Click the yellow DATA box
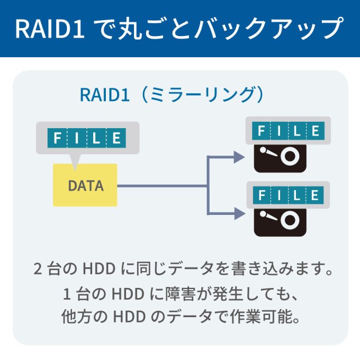[85, 185]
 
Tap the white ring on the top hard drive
[290, 156]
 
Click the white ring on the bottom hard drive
[290, 219]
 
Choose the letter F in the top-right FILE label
[260, 130]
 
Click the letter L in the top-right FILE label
[297, 130]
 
